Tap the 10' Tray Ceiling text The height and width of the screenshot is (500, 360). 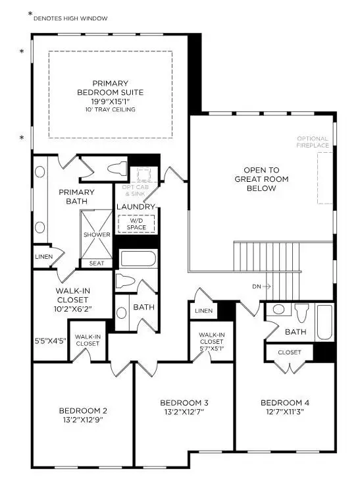pos(110,109)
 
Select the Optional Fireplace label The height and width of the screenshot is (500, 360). pos(312,141)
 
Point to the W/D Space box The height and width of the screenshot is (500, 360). pos(136,224)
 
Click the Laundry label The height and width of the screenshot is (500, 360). pos(136,207)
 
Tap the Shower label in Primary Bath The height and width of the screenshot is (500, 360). pos(96,235)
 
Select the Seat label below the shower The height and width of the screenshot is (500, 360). pos(96,263)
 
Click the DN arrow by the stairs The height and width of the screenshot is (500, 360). pos(261,287)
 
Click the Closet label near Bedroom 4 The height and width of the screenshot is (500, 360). pos(289,352)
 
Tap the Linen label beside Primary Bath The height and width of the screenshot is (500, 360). pos(44,256)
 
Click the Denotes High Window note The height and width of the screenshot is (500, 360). pos(70,18)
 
